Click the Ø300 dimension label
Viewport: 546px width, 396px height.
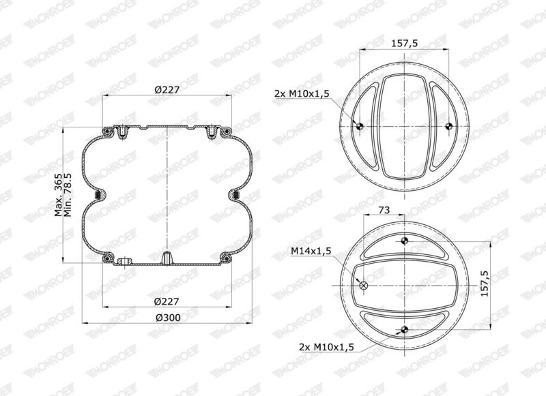click(x=168, y=318)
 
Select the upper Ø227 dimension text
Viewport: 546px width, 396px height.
click(x=167, y=90)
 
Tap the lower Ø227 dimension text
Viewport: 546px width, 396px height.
click(x=167, y=301)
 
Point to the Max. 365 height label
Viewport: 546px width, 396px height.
click(x=58, y=195)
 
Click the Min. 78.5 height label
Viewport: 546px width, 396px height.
click(x=68, y=195)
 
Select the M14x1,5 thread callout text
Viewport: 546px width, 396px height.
click(x=311, y=251)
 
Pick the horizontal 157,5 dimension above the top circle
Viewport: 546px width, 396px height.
click(x=404, y=44)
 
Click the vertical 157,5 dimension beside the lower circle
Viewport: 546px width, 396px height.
click(x=485, y=284)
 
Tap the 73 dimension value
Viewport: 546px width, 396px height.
click(x=384, y=210)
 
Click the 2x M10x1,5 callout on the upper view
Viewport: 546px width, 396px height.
click(x=302, y=93)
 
